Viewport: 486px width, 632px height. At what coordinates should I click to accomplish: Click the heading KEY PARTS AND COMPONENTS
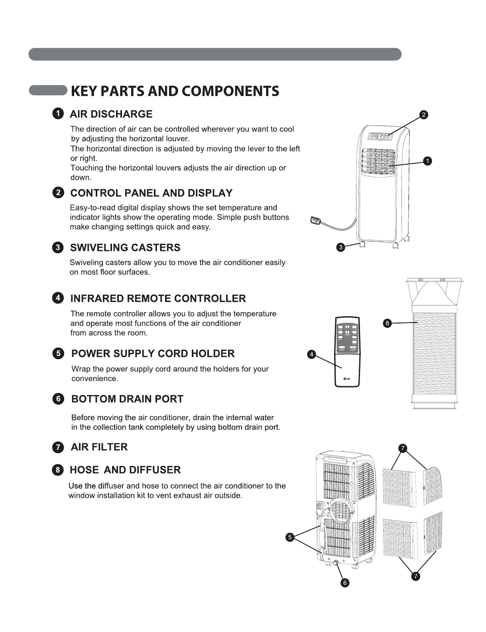[175, 91]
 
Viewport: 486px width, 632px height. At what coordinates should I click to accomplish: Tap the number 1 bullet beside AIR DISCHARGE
[58, 113]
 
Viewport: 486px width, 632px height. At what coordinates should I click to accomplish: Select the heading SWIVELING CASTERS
[125, 248]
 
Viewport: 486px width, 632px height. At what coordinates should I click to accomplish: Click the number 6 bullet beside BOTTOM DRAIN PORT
[58, 399]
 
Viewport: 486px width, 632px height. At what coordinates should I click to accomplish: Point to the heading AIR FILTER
[99, 447]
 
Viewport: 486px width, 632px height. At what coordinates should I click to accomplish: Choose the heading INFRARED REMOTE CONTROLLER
[158, 299]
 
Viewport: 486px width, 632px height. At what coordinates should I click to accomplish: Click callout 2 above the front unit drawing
[423, 115]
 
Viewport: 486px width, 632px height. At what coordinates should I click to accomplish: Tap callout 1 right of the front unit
[427, 161]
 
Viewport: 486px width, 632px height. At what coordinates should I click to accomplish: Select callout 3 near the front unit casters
[340, 247]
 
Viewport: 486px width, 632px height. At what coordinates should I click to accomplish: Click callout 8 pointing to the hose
[387, 323]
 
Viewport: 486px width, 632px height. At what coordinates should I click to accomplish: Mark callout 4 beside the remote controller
[311, 354]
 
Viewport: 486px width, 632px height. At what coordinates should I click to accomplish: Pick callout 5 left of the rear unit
[290, 537]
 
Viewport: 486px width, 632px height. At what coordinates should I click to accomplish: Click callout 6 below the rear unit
[345, 583]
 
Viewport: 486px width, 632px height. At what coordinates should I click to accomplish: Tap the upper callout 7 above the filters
[403, 448]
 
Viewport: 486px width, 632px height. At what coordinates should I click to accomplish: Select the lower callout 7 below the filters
[415, 576]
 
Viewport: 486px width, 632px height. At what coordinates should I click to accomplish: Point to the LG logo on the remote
[346, 378]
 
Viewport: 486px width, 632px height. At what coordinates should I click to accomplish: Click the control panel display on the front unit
[380, 137]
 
